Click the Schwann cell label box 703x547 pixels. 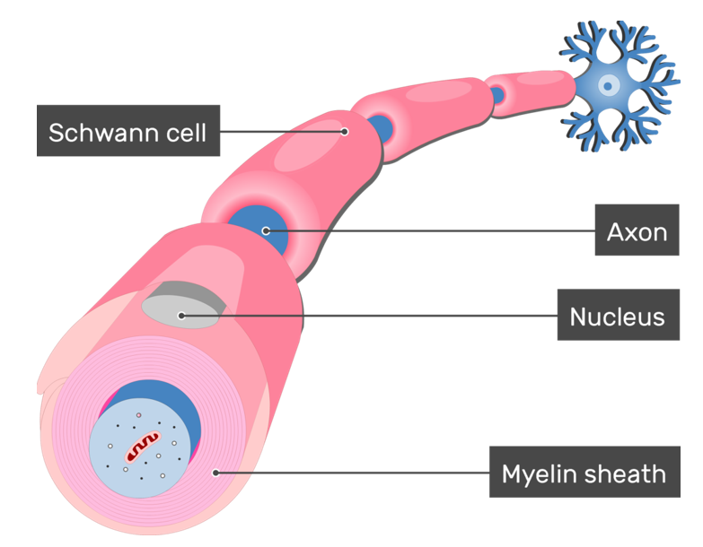coord(127,132)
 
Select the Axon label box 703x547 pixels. coord(637,231)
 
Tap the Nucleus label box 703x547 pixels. coord(617,316)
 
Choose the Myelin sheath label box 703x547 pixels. coord(583,473)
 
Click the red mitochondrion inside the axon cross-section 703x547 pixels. coord(141,445)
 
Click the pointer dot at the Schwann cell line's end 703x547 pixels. coord(345,132)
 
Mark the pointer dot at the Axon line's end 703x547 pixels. coord(266,231)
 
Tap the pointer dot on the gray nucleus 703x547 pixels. coord(181,315)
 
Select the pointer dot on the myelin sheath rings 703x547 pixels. coord(214,472)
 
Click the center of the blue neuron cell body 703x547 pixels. coord(609,86)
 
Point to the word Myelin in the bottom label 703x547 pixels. coord(540,473)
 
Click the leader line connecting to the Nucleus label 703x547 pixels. coord(368,315)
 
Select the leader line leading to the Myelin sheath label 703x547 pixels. coord(350,472)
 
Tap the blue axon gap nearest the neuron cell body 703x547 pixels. coord(496,93)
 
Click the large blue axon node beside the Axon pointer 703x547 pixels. coord(255,229)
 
